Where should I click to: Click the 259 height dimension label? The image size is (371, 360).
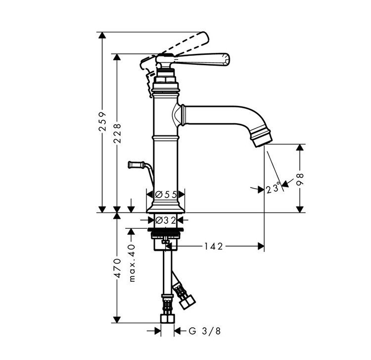coord(102,122)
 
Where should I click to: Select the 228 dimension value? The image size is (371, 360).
coord(117,133)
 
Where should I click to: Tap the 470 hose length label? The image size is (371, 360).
coord(117,268)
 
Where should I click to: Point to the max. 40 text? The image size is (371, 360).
coord(132,263)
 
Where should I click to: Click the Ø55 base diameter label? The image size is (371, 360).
coord(166,195)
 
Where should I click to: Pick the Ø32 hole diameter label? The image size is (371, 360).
coord(166,220)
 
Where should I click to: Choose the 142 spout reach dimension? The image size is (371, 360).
coord(213,246)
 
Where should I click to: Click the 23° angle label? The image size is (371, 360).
coord(273,189)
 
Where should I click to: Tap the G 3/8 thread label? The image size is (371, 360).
coord(205,331)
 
